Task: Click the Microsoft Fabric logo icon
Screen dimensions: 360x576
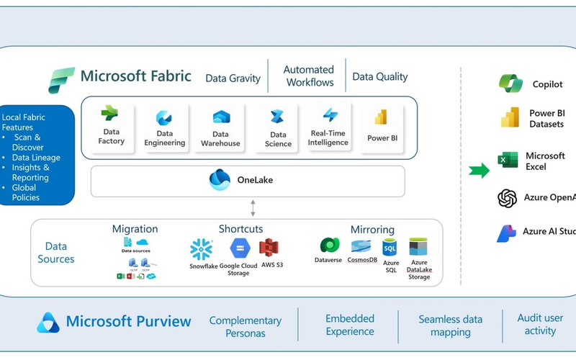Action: click(61, 80)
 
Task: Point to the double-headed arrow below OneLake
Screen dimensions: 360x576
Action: click(253, 208)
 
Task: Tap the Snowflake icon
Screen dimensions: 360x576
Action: click(201, 249)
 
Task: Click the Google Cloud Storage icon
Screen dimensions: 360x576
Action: click(239, 248)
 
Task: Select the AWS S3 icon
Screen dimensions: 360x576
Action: click(269, 248)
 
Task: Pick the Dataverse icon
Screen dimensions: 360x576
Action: click(330, 246)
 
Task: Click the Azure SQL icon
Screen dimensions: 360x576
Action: click(390, 248)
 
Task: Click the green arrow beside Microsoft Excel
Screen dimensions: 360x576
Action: click(479, 171)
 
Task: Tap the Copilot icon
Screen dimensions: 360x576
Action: click(510, 84)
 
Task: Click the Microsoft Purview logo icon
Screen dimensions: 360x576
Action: click(48, 323)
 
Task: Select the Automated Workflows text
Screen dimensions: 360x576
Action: click(308, 76)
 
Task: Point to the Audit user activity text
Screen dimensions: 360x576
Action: click(540, 324)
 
